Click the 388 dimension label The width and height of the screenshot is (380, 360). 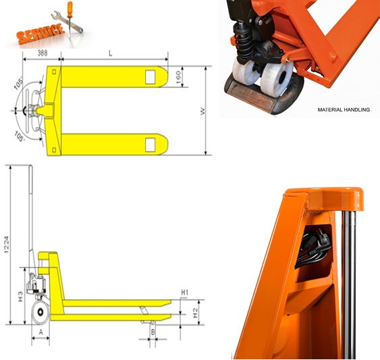41,52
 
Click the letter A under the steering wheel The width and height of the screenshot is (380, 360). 40,332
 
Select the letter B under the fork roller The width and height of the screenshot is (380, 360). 153,332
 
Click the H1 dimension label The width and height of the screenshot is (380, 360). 185,292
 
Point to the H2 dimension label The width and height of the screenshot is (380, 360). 195,311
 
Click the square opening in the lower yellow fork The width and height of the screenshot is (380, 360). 150,143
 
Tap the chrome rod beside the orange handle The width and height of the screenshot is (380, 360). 350,284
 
